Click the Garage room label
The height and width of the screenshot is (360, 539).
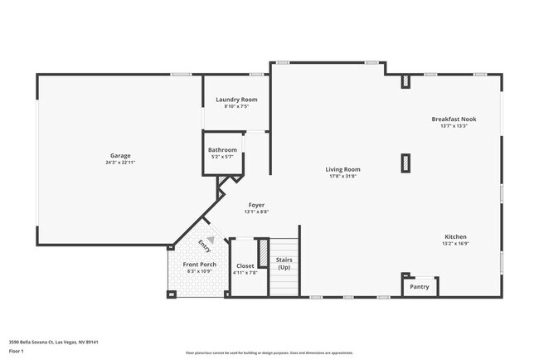pyautogui.click(x=120, y=155)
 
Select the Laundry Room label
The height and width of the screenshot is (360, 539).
pyautogui.click(x=236, y=100)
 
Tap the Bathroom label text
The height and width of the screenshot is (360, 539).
pyautogui.click(x=222, y=150)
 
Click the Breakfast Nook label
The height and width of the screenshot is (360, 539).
pyautogui.click(x=454, y=119)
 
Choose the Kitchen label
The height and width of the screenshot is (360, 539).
pyautogui.click(x=456, y=236)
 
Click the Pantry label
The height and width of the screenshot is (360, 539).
pyautogui.click(x=420, y=287)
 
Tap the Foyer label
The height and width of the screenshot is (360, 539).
pyautogui.click(x=256, y=204)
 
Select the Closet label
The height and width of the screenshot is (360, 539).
pyautogui.click(x=245, y=265)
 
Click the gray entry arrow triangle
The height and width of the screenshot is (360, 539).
pyautogui.click(x=211, y=240)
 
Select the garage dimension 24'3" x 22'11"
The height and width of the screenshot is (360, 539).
pyautogui.click(x=120, y=163)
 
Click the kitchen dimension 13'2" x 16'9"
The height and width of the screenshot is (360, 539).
pyautogui.click(x=456, y=244)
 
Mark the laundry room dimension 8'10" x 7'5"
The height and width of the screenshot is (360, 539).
pyautogui.click(x=236, y=107)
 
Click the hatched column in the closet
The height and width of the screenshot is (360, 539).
pyautogui.click(x=263, y=251)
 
